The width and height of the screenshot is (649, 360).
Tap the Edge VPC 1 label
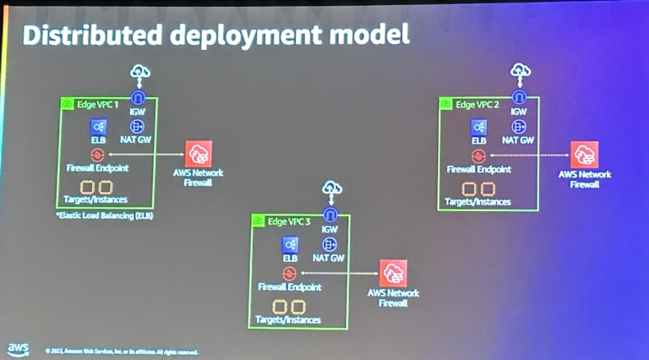click(95, 104)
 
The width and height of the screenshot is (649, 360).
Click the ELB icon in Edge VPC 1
click(99, 127)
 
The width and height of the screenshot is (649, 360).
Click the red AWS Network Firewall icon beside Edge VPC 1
click(199, 153)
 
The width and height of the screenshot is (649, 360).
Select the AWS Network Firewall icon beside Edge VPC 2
click(584, 155)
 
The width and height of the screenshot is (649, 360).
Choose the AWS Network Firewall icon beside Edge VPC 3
click(393, 273)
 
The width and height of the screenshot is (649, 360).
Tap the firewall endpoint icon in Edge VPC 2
click(478, 155)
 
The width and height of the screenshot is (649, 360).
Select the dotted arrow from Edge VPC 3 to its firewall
click(338, 273)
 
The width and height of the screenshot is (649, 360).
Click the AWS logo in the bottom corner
click(18, 347)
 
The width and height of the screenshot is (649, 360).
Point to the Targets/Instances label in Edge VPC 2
click(477, 202)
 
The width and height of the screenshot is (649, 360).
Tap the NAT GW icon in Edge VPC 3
click(330, 244)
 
